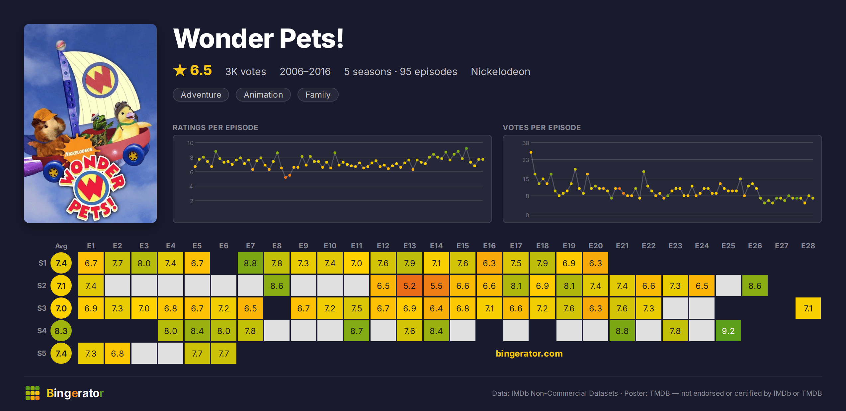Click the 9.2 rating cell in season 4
[x=728, y=331]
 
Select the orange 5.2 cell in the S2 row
[x=409, y=286]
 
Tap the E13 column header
[x=409, y=246]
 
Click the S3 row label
[x=42, y=308]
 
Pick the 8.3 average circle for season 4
[x=61, y=331]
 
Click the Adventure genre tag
[x=201, y=95]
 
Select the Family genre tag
[x=318, y=95]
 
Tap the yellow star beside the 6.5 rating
[x=180, y=70]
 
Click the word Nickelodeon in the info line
[x=500, y=71]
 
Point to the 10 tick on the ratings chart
[x=190, y=143]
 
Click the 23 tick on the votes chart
[x=526, y=160]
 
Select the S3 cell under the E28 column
[x=808, y=308]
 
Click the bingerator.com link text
[x=529, y=354]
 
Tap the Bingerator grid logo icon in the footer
[x=33, y=393]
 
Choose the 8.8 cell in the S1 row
[x=250, y=263]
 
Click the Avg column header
[x=61, y=246]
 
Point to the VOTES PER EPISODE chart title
[x=542, y=127]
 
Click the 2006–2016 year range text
[x=305, y=71]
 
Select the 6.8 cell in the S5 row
[x=117, y=353]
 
